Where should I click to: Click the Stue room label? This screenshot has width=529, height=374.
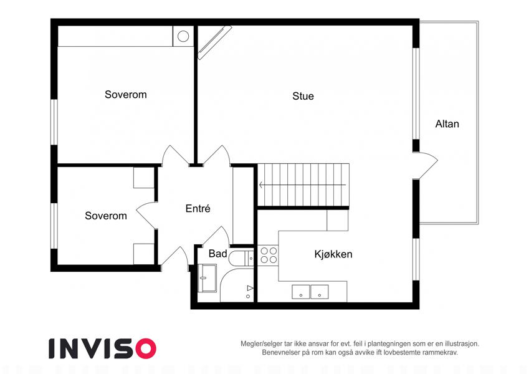click(303, 96)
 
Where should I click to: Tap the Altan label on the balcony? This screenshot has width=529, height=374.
click(447, 124)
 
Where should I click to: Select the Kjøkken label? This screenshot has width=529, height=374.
click(333, 254)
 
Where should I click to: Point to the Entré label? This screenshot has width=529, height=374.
click(198, 209)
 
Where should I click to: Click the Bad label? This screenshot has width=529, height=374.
click(217, 254)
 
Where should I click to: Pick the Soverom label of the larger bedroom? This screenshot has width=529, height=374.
click(125, 95)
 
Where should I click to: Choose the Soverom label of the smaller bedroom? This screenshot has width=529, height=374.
click(105, 216)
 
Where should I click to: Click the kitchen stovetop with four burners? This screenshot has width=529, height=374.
click(269, 255)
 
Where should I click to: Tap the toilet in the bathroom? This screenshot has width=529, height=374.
click(241, 258)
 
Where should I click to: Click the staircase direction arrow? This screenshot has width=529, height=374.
click(302, 185)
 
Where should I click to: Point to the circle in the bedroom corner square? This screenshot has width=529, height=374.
click(183, 36)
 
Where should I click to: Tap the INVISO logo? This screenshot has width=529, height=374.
click(103, 348)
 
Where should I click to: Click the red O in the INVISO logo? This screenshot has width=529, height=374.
click(145, 348)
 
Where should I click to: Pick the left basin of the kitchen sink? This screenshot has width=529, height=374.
click(300, 292)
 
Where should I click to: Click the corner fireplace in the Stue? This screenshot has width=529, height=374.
click(214, 42)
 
